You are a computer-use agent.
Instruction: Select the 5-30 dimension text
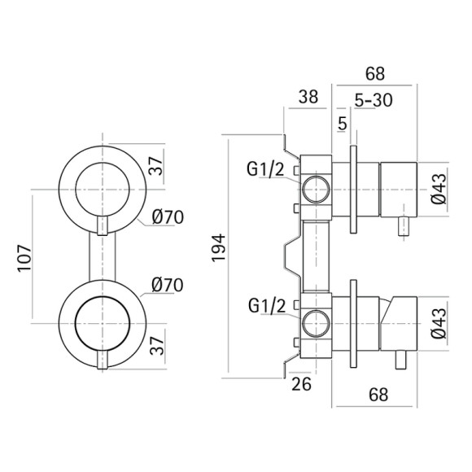pos(374,100)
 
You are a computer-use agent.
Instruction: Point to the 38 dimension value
pos(308,97)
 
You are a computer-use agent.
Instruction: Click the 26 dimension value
pos(301,384)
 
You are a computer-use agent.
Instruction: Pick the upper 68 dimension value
pos(375,73)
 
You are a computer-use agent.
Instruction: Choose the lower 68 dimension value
pos(378,395)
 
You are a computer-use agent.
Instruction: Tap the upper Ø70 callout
pos(168,217)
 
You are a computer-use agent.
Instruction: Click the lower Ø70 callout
pos(168,285)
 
